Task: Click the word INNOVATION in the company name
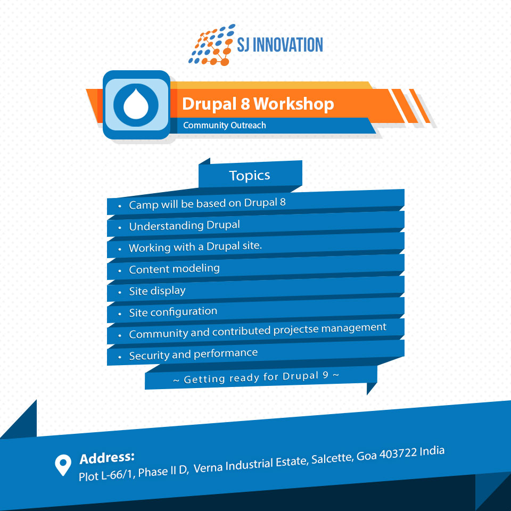tap(288, 45)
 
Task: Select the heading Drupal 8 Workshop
tap(258, 104)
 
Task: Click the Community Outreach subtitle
tap(224, 125)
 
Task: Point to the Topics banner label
tap(249, 175)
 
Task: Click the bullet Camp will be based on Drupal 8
tap(207, 203)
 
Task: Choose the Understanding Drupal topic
tap(184, 225)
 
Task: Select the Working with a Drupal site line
tap(195, 246)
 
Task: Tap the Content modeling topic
tap(174, 269)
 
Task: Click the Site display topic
tap(157, 291)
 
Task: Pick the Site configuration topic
tap(172, 312)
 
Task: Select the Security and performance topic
tap(193, 355)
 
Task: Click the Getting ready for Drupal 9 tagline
tap(256, 377)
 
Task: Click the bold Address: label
tap(107, 458)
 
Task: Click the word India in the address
tap(432, 451)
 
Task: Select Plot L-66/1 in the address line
tap(107, 475)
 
